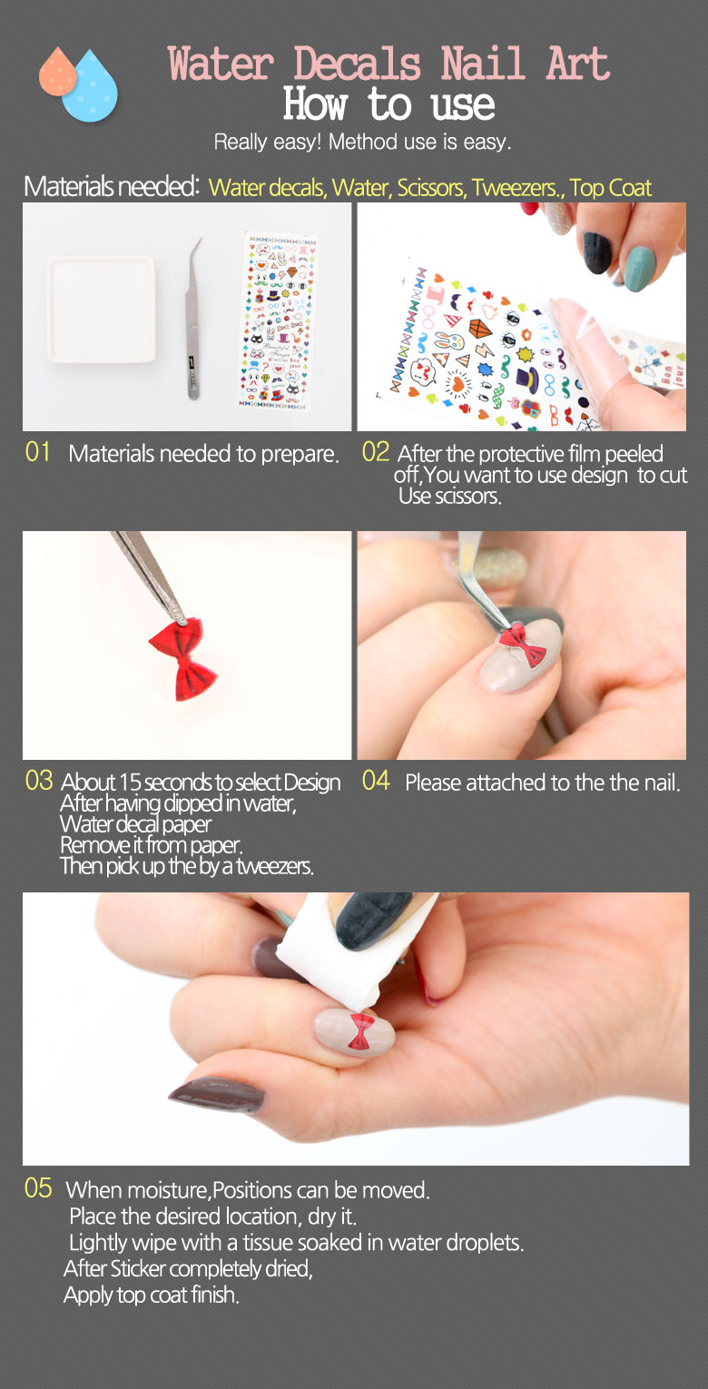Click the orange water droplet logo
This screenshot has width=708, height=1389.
pyautogui.click(x=58, y=74)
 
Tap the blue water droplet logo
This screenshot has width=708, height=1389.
pyautogui.click(x=91, y=88)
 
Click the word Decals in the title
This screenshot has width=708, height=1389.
pyautogui.click(x=357, y=64)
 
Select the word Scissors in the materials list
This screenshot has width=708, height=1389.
pyautogui.click(x=431, y=187)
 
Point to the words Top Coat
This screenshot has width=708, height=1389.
pyautogui.click(x=611, y=187)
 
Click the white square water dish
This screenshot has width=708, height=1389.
pyautogui.click(x=101, y=309)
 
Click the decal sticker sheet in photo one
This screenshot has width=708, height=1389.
pyautogui.click(x=277, y=320)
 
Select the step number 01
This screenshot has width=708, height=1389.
pyautogui.click(x=37, y=452)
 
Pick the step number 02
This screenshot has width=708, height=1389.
pyautogui.click(x=376, y=452)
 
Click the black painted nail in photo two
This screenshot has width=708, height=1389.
pyautogui.click(x=596, y=251)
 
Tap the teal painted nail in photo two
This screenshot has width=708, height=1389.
pyautogui.click(x=640, y=269)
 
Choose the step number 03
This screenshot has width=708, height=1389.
pyautogui.click(x=39, y=781)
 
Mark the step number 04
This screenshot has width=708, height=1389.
pyautogui.click(x=376, y=781)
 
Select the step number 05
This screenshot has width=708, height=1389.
pyautogui.click(x=38, y=1188)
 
